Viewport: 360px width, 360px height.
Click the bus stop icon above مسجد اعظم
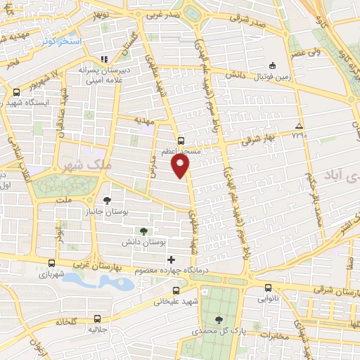coord(181,141)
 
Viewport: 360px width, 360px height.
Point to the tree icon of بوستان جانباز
coord(107,181)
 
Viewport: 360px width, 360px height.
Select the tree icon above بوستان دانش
coord(143,230)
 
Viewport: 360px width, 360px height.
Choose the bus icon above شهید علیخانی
coord(176,290)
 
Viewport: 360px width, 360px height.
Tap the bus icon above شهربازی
coord(50,264)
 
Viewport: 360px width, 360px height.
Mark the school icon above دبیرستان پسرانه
coord(104,59)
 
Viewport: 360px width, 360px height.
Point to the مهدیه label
coord(144,120)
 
